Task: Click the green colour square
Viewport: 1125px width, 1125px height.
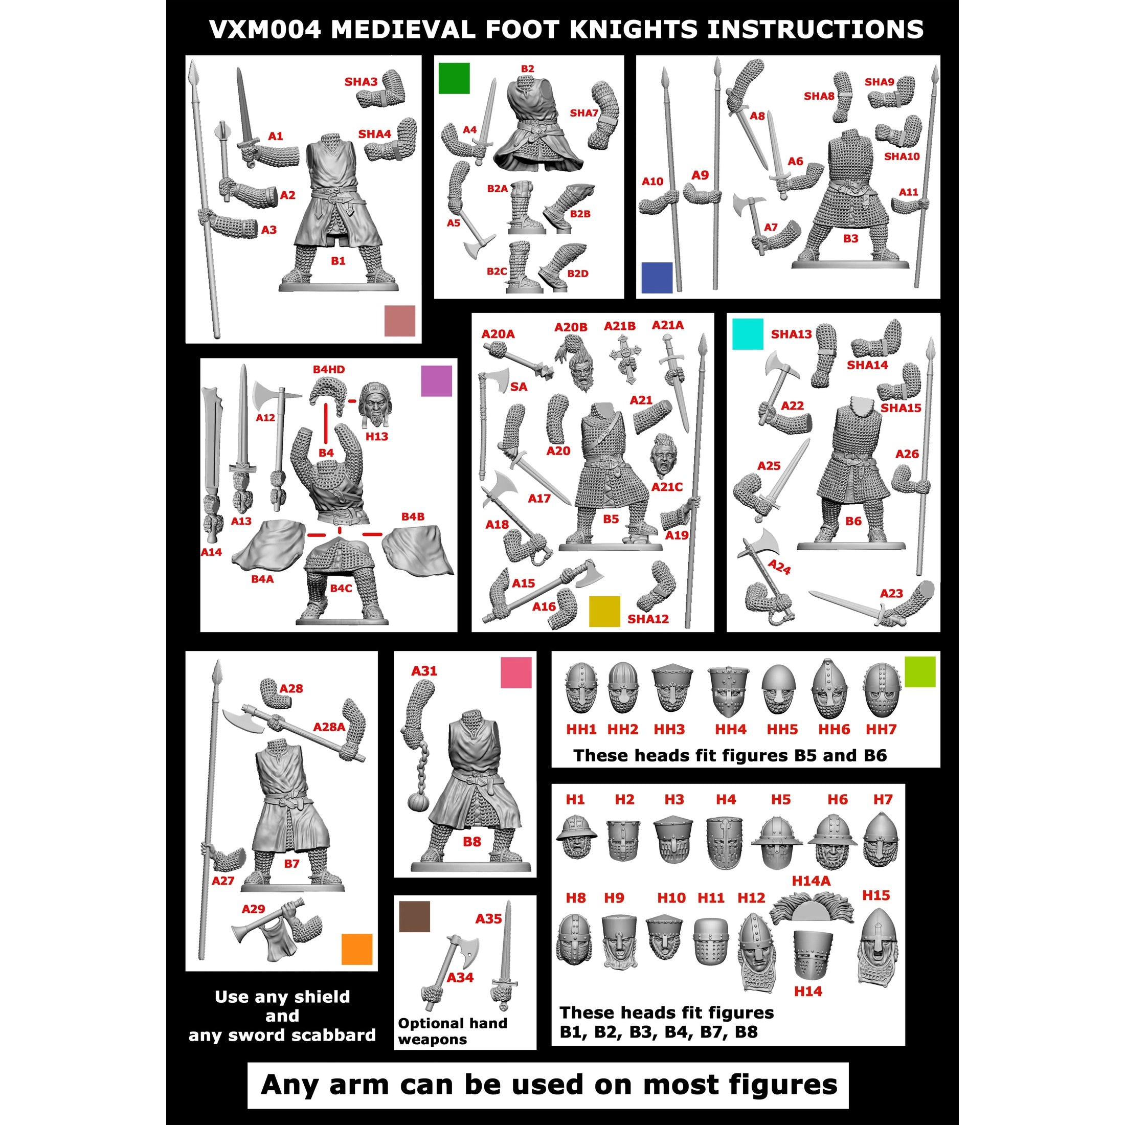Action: [454, 78]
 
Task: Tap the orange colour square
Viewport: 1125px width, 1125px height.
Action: [356, 949]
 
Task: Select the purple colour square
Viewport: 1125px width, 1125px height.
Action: [436, 381]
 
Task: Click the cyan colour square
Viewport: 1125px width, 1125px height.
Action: [747, 333]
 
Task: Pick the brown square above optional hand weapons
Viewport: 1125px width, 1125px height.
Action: [415, 916]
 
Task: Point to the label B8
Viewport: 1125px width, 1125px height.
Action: [471, 841]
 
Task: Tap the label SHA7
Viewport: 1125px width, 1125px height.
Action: [584, 113]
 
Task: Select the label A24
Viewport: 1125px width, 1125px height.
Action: [779, 566]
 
